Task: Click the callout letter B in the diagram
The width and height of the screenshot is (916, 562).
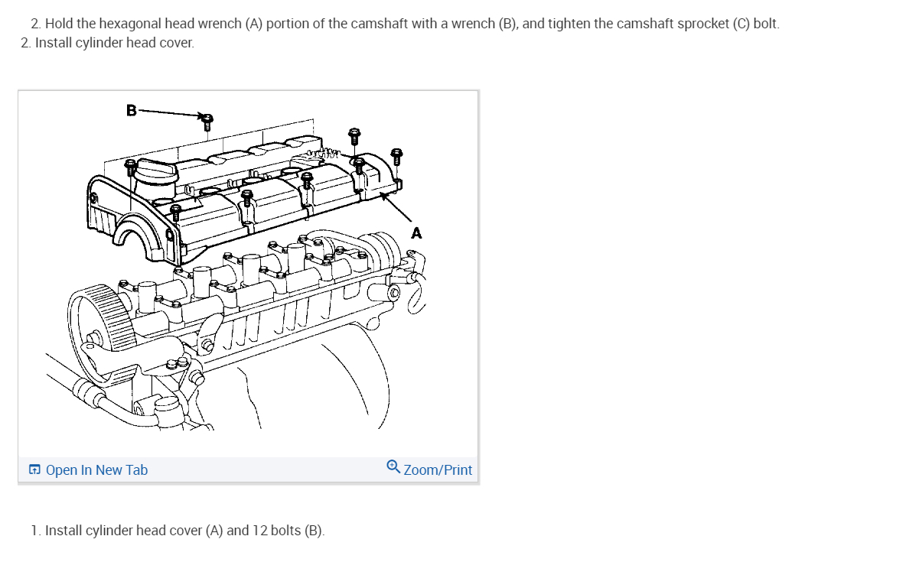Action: click(131, 110)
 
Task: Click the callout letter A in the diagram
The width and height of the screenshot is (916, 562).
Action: click(416, 233)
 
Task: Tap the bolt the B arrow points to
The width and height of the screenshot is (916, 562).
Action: click(207, 120)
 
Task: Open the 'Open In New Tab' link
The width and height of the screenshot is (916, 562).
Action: click(96, 470)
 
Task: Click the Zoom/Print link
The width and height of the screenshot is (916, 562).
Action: click(438, 470)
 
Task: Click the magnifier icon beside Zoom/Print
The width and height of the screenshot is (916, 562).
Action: click(393, 466)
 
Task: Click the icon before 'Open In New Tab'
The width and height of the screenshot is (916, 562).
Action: click(35, 470)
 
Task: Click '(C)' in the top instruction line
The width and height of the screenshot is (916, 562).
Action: click(740, 24)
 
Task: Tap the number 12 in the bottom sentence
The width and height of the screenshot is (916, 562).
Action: click(260, 530)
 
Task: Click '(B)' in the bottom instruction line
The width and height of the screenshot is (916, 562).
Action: click(314, 530)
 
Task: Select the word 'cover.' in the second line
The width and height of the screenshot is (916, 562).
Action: click(178, 43)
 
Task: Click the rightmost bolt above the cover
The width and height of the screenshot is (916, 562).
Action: click(396, 156)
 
